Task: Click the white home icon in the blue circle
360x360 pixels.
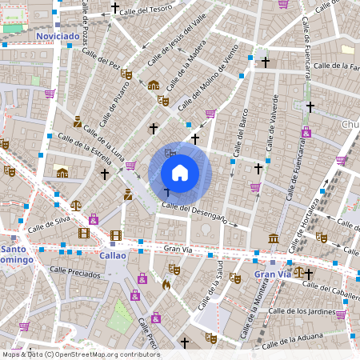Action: [180, 173]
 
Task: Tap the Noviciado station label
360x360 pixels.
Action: [58, 36]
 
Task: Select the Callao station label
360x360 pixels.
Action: [114, 255]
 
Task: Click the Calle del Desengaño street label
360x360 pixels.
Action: [194, 212]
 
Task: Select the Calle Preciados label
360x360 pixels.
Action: [73, 273]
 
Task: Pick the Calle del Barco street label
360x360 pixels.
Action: [239, 132]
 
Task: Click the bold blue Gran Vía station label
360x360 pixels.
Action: [272, 274]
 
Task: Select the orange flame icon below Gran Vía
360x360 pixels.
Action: [166, 284]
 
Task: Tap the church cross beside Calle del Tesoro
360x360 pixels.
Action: [114, 8]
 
